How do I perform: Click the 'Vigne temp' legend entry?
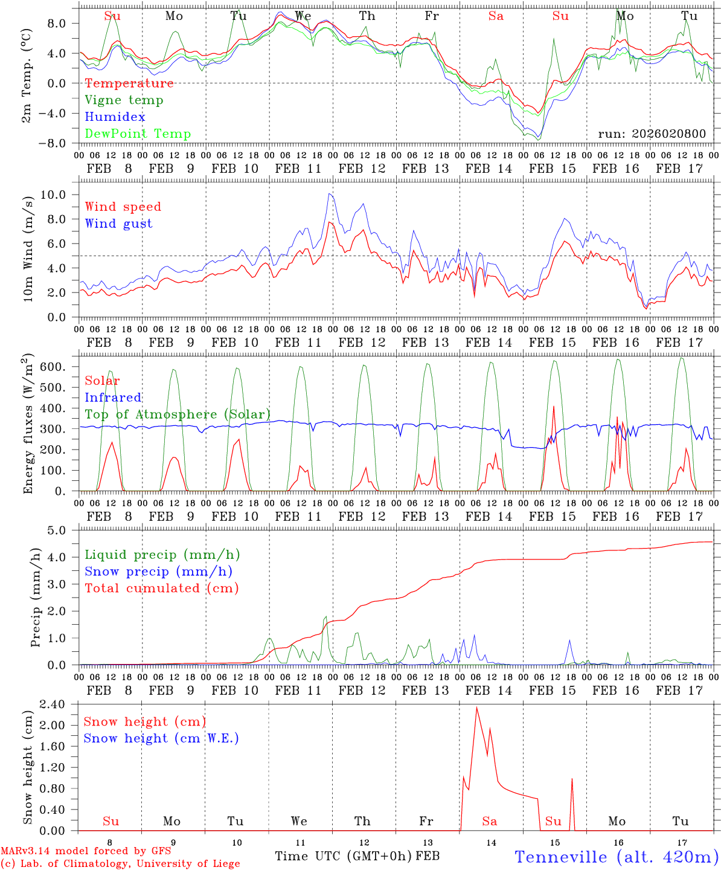pos(124,100)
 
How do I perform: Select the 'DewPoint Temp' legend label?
pos(138,134)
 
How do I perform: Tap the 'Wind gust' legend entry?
pos(118,224)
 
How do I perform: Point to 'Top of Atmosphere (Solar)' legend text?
pos(178,414)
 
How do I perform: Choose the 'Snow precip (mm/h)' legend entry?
pos(158,572)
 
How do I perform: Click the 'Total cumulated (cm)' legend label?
pos(161,588)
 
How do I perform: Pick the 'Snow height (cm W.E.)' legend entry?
pos(161,738)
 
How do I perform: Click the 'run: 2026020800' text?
pos(652,134)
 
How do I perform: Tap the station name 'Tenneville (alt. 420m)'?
pos(616,857)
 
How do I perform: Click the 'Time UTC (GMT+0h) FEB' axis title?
pos(357,856)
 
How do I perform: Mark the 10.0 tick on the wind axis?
pos(61,195)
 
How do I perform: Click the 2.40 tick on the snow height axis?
pos(59,704)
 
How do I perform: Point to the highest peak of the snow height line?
pos(476,707)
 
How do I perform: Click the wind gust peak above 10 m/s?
pos(330,193)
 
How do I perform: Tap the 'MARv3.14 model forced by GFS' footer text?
pos(86,851)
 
